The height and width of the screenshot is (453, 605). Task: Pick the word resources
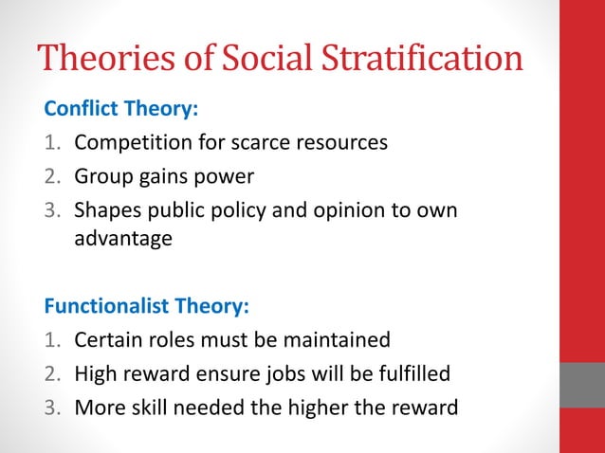tap(342, 143)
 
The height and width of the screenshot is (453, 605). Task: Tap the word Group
tap(103, 176)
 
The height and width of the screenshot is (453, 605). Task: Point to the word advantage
tap(123, 240)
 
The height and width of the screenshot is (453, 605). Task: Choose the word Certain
tap(110, 339)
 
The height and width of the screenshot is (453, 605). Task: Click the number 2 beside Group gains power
tap(53, 177)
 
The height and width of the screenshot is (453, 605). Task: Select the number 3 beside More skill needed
tap(53, 407)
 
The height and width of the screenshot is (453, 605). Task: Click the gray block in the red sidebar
tap(582, 385)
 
